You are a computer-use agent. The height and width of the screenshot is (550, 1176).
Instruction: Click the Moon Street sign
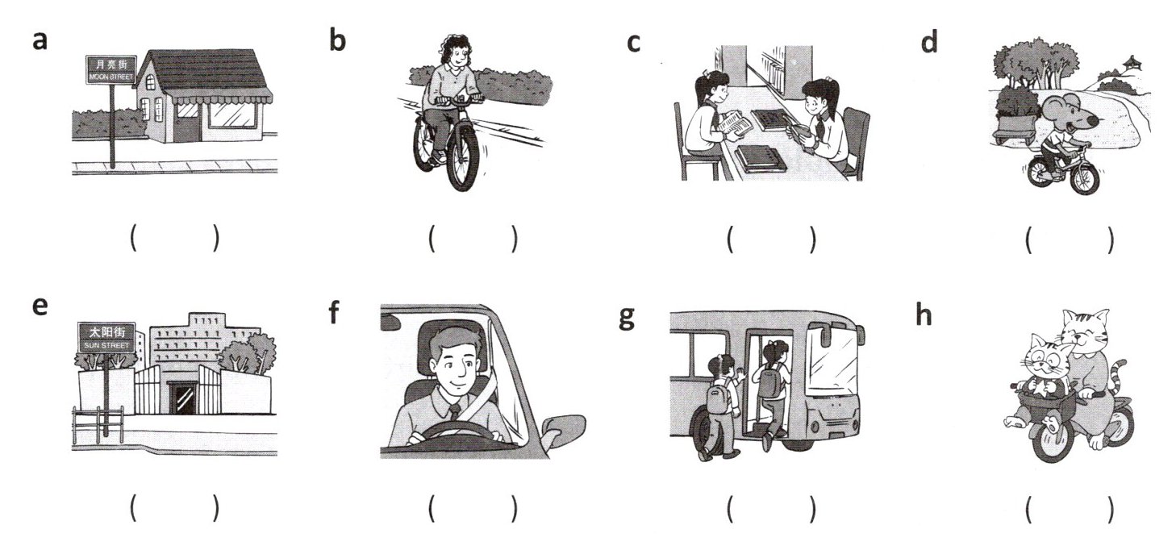click(x=111, y=70)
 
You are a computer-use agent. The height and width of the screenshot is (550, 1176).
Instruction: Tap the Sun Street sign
click(x=106, y=337)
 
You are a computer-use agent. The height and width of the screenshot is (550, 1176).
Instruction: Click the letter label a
click(x=40, y=41)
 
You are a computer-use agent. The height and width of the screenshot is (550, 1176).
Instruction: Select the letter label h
click(x=924, y=315)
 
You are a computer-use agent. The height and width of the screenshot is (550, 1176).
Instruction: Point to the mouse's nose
click(x=1093, y=122)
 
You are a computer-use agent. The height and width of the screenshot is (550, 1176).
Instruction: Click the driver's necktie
click(x=455, y=411)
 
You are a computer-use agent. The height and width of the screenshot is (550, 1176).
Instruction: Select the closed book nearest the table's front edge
click(x=761, y=158)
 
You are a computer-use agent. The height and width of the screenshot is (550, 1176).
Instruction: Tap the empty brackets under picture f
click(x=473, y=508)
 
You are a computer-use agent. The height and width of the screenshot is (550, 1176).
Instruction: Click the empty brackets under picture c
click(x=771, y=239)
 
